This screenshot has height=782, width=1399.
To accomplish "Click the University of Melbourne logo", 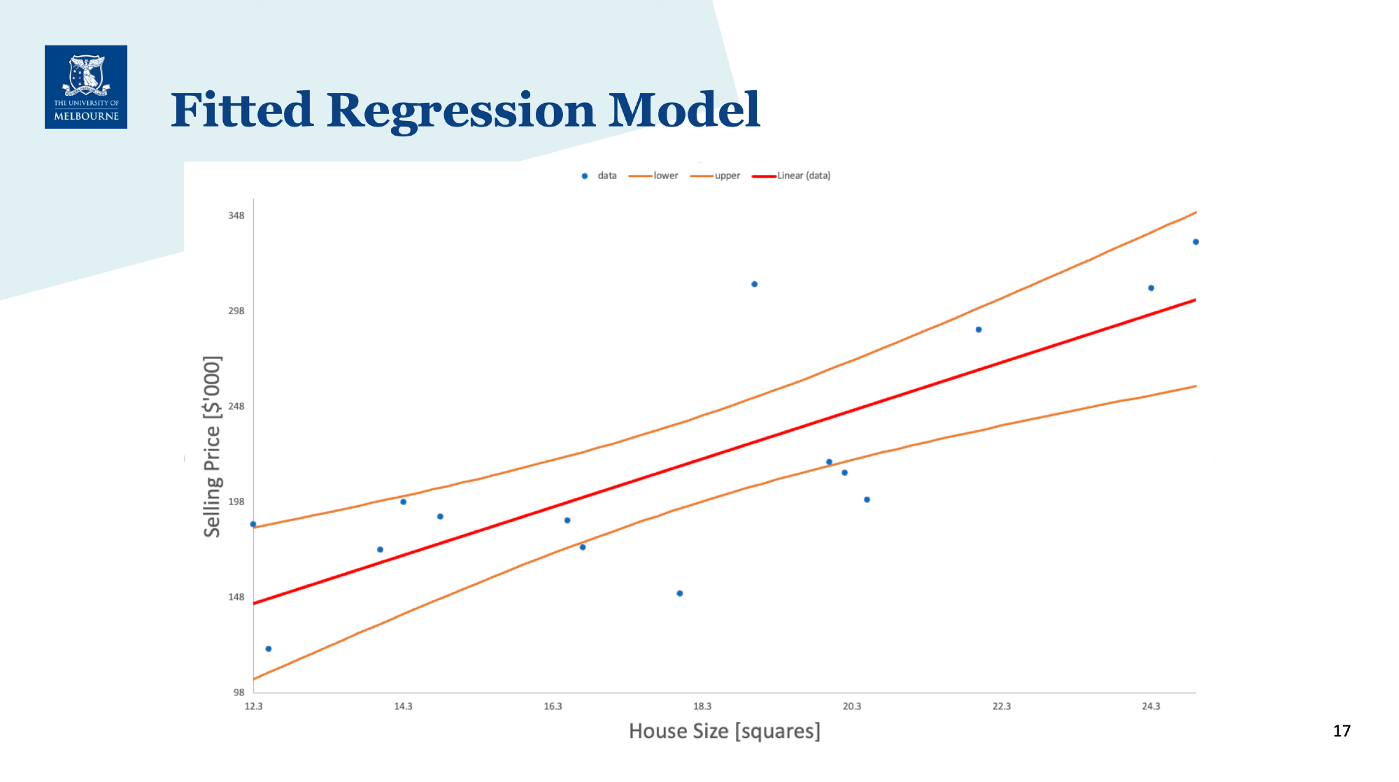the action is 86,87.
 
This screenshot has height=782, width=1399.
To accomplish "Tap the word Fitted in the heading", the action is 241,109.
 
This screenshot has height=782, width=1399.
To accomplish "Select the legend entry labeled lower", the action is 653,176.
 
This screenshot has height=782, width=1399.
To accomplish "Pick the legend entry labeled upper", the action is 715,176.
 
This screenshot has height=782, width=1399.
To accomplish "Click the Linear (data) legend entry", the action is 791,176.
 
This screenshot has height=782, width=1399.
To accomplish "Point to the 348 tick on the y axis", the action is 236,215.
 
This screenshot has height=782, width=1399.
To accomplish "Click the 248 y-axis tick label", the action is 236,406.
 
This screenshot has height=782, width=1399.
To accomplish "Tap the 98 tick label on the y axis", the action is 239,692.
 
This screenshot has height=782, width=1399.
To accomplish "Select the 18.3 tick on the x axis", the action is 702,706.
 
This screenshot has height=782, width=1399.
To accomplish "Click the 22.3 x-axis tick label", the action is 1002,706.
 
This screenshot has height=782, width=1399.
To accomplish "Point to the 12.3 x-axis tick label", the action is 253,706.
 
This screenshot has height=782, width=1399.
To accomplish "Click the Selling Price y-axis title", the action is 212,446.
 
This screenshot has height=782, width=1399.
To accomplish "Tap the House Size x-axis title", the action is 725,732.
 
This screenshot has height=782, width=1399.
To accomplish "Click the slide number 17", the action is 1342,731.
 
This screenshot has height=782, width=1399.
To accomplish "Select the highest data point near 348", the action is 1196,242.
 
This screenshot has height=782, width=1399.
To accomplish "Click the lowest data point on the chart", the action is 269,649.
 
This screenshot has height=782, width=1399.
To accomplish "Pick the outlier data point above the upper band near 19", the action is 755,284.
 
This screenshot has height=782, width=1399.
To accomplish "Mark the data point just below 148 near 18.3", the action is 680,594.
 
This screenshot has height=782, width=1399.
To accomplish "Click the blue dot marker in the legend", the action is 585,176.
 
